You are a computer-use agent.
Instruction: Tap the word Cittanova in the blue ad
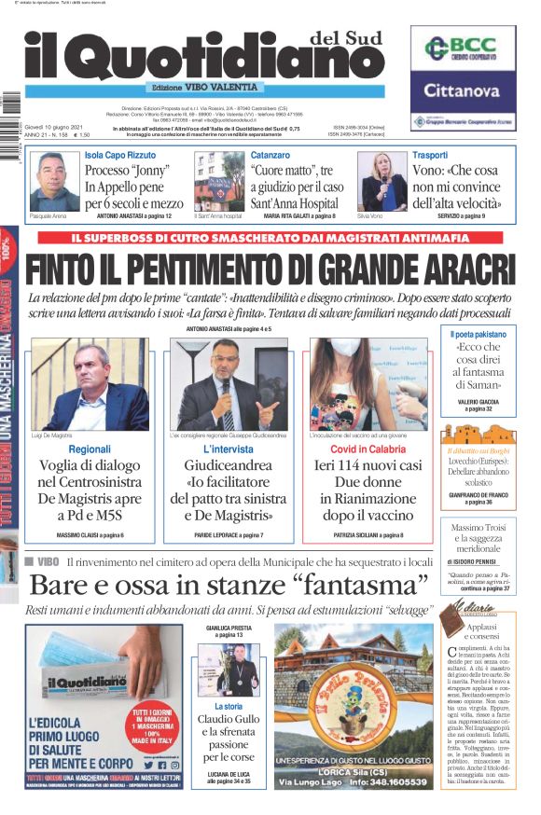463,90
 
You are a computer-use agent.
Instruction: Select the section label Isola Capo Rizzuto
119,155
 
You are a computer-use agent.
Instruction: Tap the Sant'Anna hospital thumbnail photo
219,182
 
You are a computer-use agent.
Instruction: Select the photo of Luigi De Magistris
90,384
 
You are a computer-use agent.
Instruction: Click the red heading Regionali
90,449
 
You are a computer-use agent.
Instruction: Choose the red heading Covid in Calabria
367,449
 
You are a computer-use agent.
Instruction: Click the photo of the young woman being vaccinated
367,384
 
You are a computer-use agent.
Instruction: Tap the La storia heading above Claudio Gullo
228,707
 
